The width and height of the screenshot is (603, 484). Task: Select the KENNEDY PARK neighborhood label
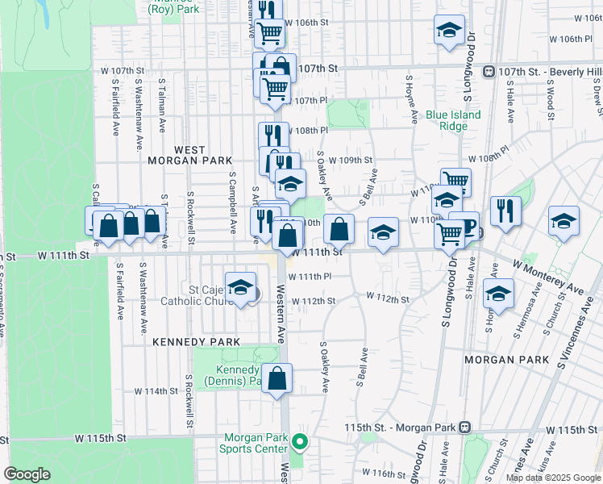[x=197, y=342]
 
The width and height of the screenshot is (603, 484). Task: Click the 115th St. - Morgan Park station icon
[x=464, y=426]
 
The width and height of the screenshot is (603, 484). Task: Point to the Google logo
[x=27, y=474]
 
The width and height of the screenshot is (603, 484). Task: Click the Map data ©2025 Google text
[x=553, y=478]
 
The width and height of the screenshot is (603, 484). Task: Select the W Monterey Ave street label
[x=547, y=277]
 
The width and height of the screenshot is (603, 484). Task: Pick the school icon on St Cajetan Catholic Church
[x=240, y=288]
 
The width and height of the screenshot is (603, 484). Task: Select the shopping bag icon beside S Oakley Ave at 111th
[x=339, y=229]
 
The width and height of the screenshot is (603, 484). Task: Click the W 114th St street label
[x=155, y=391]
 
